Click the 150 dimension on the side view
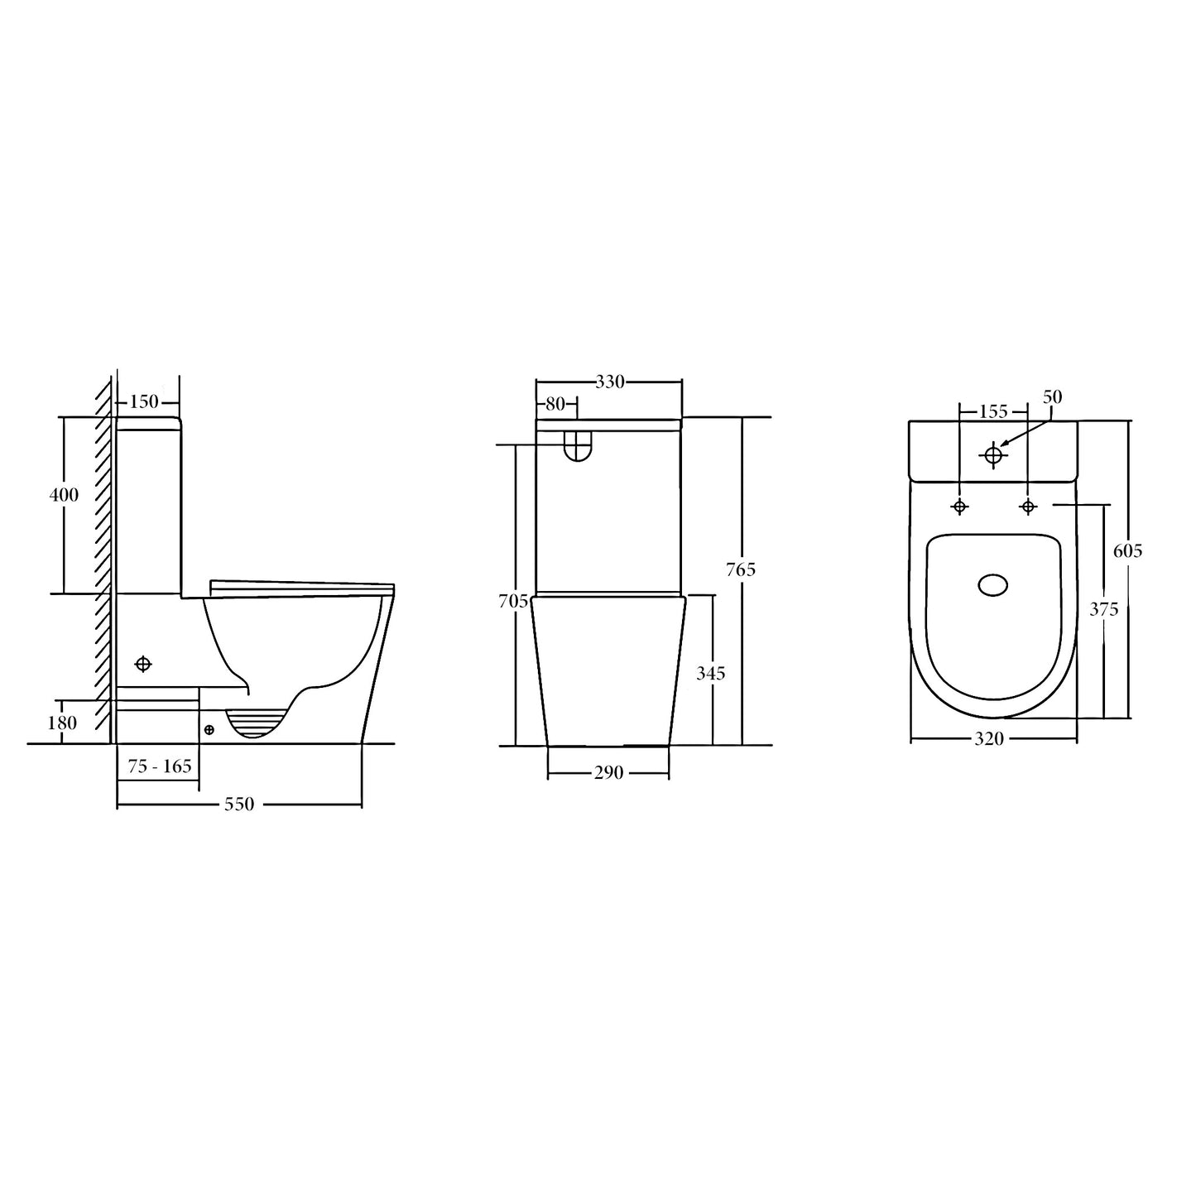point(144,402)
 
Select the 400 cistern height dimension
point(64,495)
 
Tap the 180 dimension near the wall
point(62,723)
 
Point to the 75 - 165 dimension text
point(159,766)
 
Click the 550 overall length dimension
point(238,804)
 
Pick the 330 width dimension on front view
point(609,382)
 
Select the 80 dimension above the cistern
point(555,404)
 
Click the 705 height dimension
point(513,602)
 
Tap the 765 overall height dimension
point(741,569)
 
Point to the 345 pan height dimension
point(710,674)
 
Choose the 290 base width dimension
point(608,773)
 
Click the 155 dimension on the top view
point(992,411)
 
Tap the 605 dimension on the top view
point(1128,550)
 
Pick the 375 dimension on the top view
point(1103,609)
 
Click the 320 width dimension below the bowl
point(988,739)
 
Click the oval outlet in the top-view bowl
point(993,585)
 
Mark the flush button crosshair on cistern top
point(993,454)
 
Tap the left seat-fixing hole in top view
point(959,507)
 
